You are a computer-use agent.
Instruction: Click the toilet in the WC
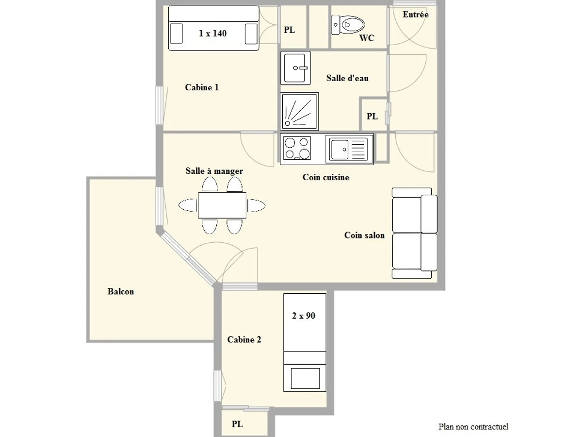pos(348,24)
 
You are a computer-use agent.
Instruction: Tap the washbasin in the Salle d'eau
pos(295,68)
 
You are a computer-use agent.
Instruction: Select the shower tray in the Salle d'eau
pos(299,111)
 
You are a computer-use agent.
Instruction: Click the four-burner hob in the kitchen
pos(297,148)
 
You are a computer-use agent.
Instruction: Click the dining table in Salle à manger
pos(222,205)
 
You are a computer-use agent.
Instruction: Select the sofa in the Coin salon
pos(415,234)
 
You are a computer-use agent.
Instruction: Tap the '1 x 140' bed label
pos(213,34)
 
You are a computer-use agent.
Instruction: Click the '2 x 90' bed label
pos(304,316)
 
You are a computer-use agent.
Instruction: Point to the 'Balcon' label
pos(121,292)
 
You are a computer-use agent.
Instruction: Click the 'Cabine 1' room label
pos(202,87)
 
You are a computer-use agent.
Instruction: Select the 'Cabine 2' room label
pos(244,340)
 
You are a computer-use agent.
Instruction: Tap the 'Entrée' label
pos(416,15)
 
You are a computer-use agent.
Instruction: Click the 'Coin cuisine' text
pos(325,177)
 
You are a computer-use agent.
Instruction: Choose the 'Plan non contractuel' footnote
pos(473,427)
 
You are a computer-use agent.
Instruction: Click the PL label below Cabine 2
pos(237,424)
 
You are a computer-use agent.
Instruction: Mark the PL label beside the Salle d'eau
pos(372,117)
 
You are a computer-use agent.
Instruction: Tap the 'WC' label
pos(367,38)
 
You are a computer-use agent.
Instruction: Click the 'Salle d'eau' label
pos(347,78)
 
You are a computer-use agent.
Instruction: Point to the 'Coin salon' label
pos(364,235)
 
